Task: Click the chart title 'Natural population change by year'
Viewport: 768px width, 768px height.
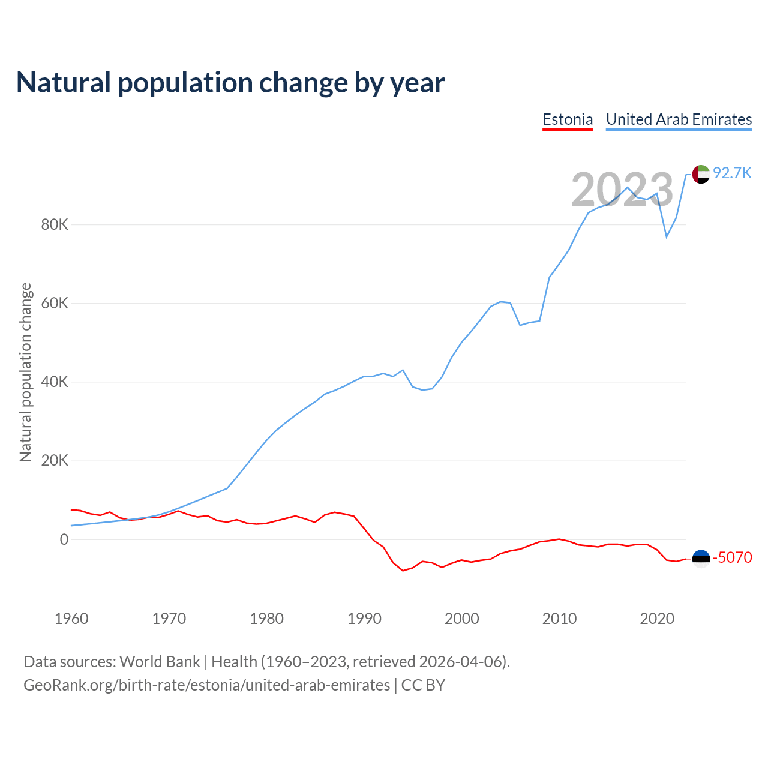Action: (230, 83)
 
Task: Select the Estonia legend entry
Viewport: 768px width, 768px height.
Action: (568, 119)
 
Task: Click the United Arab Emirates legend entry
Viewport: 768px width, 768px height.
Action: (679, 119)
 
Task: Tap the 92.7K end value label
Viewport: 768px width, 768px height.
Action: (732, 173)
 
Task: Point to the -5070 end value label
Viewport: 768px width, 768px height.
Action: (732, 557)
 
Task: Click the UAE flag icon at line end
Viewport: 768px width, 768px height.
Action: (701, 174)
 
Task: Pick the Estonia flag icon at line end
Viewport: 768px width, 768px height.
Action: (701, 558)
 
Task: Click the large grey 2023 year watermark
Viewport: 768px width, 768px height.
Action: (622, 190)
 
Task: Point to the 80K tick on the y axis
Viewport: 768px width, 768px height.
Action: (55, 225)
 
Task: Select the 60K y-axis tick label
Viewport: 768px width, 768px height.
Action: (55, 304)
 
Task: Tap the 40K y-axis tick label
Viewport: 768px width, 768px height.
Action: (55, 382)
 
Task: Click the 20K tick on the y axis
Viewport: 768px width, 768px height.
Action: (55, 461)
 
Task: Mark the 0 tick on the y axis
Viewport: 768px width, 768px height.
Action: (64, 539)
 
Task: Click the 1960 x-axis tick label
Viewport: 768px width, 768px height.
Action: (71, 619)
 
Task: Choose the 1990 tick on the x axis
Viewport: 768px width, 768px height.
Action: (364, 619)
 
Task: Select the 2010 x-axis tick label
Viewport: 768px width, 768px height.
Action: (559, 619)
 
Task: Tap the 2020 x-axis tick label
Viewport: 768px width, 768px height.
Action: (657, 619)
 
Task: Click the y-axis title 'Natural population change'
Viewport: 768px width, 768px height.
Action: (26, 373)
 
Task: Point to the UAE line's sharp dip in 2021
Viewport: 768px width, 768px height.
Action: (667, 236)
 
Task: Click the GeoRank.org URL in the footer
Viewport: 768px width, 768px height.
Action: (206, 685)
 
